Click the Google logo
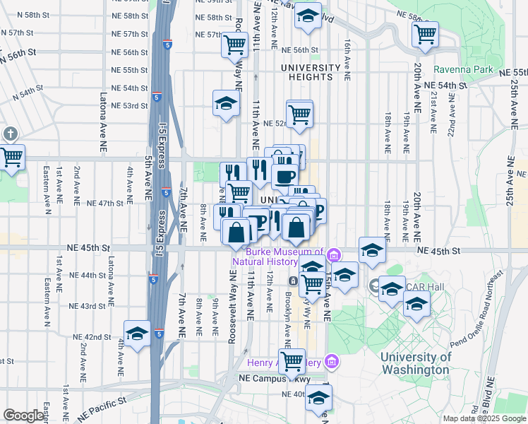click(x=23, y=416)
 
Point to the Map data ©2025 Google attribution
click(x=484, y=418)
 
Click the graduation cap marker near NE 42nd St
click(x=137, y=334)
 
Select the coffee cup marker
click(x=285, y=177)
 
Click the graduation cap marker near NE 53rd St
click(x=226, y=103)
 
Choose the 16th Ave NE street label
click(x=348, y=57)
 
